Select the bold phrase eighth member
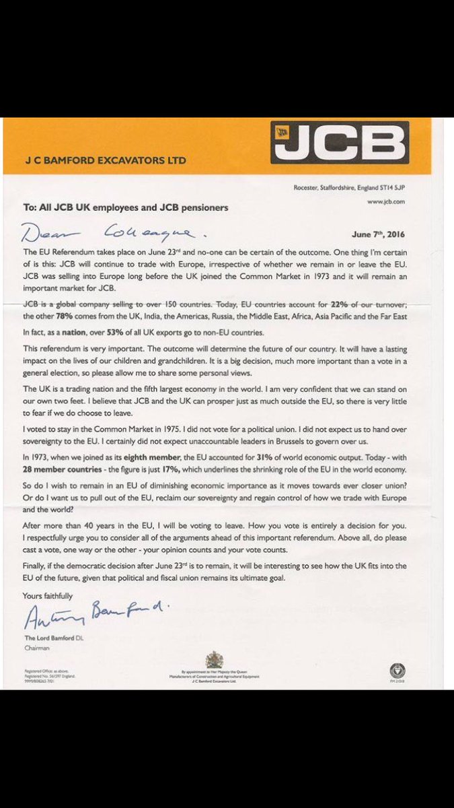pyautogui.click(x=140, y=458)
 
